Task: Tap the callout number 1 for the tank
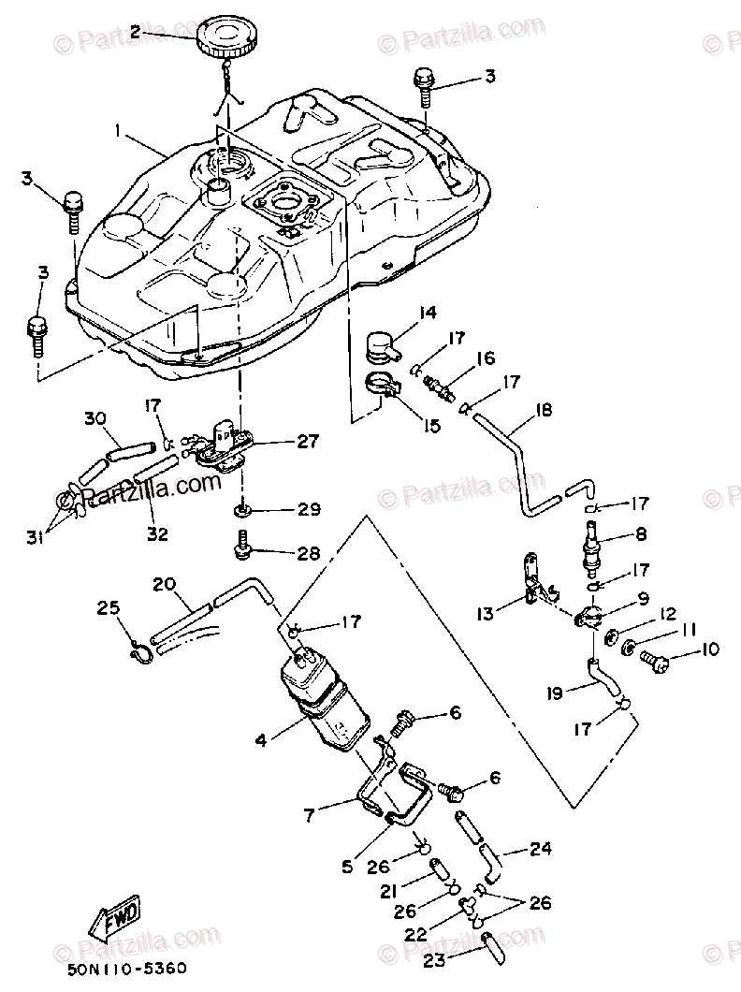tap(119, 134)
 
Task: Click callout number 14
tap(429, 313)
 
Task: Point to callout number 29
tap(309, 509)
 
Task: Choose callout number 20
tap(165, 584)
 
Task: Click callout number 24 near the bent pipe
tap(540, 850)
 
